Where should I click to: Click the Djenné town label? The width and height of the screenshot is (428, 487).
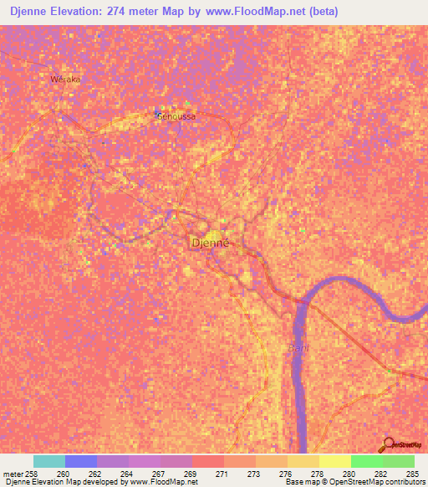coord(210,243)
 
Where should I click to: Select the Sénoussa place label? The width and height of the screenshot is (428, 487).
coord(176,116)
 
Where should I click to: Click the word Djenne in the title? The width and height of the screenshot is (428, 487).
coord(35,12)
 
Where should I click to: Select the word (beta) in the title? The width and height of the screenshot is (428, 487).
coord(322,12)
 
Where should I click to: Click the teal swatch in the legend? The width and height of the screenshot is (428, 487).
coord(49,461)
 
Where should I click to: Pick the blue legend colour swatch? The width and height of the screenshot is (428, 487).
coord(81,461)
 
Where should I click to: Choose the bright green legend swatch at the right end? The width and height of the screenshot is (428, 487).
coord(398,461)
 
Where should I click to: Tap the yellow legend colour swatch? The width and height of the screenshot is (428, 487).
coord(334,461)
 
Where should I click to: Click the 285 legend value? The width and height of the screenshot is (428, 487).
coord(413,473)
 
